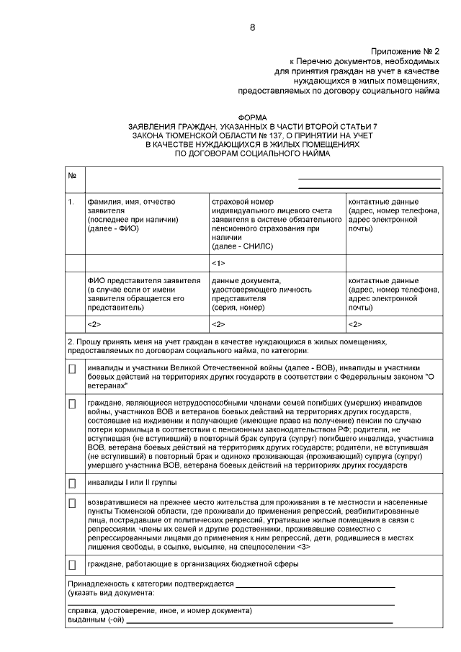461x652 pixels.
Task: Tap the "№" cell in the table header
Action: click(72, 176)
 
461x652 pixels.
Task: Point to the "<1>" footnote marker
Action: click(219, 263)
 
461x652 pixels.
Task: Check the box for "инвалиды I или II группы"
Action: click(72, 482)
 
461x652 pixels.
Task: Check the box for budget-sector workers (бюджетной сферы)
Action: click(72, 564)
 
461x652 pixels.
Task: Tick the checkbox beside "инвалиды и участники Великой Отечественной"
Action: click(72, 369)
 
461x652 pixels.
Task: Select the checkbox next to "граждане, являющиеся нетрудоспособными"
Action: click(72, 404)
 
